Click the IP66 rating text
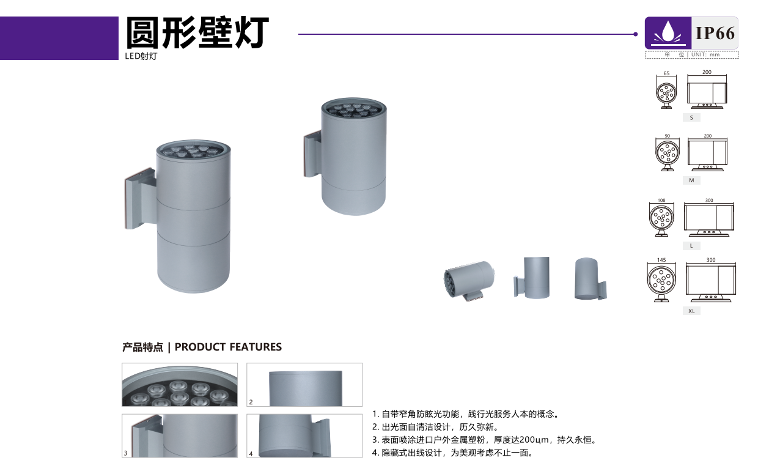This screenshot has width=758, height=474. pyautogui.click(x=715, y=33)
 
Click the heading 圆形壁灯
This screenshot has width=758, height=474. pyautogui.click(x=197, y=33)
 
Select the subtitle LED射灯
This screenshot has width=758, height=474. pyautogui.click(x=141, y=56)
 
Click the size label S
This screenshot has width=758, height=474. pyautogui.click(x=691, y=118)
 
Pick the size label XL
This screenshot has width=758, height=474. pyautogui.click(x=691, y=311)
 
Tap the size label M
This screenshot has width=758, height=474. pyautogui.click(x=691, y=180)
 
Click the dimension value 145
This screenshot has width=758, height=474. pyautogui.click(x=661, y=260)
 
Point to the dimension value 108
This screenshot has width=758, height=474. pyautogui.click(x=661, y=201)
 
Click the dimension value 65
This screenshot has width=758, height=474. pyautogui.click(x=666, y=73)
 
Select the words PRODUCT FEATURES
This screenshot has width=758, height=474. pyautogui.click(x=228, y=347)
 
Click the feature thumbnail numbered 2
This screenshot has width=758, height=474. pyautogui.click(x=304, y=385)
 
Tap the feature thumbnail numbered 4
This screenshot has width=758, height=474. pyautogui.click(x=304, y=435)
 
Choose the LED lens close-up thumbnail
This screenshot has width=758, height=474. pyautogui.click(x=180, y=385)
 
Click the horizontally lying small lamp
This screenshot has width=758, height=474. pyautogui.click(x=469, y=280)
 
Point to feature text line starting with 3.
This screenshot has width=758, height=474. pyautogui.click(x=484, y=440)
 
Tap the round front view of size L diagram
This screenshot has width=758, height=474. pyautogui.click(x=661, y=218)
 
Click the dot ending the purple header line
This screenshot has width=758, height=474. pyautogui.click(x=636, y=34)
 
